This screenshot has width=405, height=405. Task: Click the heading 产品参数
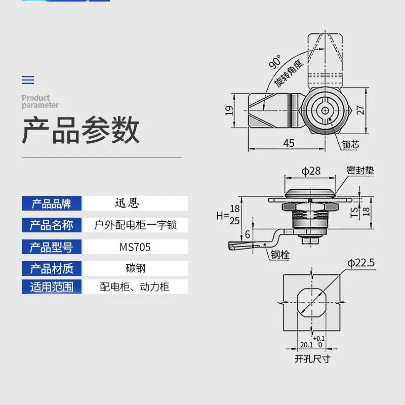click(80, 131)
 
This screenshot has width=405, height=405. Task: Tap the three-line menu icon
click(28, 80)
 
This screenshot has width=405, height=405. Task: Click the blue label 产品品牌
click(52, 204)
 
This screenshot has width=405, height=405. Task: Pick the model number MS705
click(135, 247)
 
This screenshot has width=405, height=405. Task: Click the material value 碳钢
click(135, 268)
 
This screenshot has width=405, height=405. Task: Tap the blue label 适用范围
click(52, 287)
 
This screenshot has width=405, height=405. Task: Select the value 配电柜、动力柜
click(135, 287)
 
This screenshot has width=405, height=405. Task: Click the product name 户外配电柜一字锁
click(135, 225)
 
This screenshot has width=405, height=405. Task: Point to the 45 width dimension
click(289, 143)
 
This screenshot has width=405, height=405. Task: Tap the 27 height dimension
click(360, 110)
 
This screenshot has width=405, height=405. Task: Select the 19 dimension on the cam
click(229, 110)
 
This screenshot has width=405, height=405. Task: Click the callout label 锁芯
click(350, 144)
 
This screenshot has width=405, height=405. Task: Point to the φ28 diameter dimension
click(311, 171)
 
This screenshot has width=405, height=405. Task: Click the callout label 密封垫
click(360, 171)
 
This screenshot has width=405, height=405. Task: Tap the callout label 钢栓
click(279, 256)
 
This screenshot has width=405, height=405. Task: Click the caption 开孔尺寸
click(312, 359)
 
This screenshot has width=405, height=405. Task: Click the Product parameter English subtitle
click(40, 101)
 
